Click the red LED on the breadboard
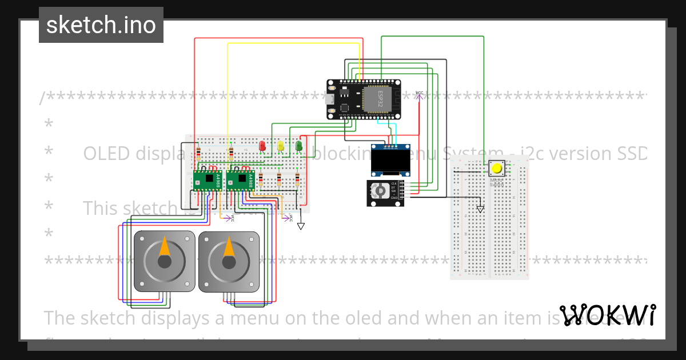(262, 146)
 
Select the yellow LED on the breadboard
(281, 146)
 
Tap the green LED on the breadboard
(298, 146)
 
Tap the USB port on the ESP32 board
(330, 99)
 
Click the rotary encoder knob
(378, 192)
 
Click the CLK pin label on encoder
(394, 183)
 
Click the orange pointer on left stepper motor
(164, 246)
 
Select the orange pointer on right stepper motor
(229, 246)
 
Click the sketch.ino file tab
(101, 25)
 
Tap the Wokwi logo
(608, 315)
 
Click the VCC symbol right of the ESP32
(419, 95)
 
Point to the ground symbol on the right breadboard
(480, 210)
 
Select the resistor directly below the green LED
(297, 181)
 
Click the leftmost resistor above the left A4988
(198, 153)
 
